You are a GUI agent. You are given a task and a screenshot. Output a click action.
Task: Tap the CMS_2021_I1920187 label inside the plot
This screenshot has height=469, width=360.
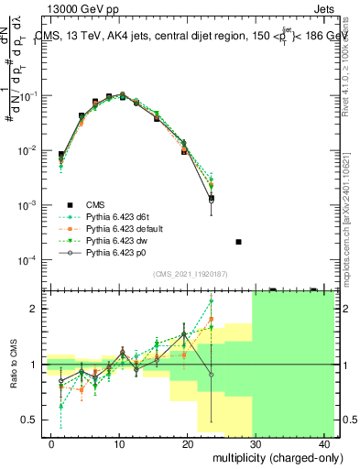pos(190,274)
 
